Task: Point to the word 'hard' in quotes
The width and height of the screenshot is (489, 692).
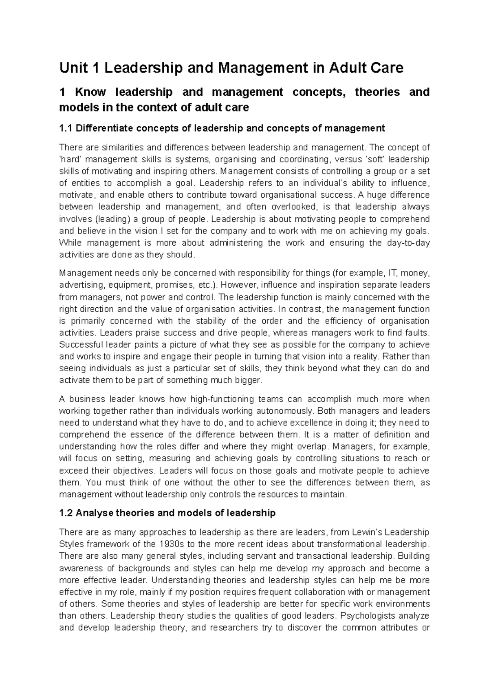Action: [70, 159]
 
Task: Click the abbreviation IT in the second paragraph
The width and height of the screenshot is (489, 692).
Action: [392, 273]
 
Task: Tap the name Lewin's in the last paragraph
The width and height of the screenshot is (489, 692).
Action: [363, 532]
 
